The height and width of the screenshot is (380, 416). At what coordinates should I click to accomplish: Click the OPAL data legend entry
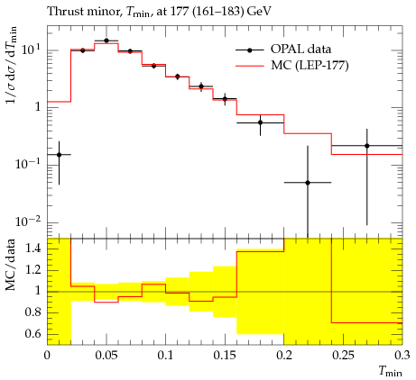point(283,50)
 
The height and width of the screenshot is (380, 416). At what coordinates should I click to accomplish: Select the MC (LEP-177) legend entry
point(291,66)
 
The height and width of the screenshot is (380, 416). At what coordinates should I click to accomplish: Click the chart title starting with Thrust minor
point(160,12)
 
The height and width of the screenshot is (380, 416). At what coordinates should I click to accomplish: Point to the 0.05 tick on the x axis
point(106,356)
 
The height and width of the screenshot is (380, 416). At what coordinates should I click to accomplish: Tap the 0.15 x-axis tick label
point(225,356)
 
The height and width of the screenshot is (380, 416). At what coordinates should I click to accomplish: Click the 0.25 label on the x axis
point(344,356)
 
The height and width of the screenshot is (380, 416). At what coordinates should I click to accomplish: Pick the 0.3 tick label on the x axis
point(402,356)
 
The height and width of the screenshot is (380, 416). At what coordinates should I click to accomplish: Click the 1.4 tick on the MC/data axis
point(33,249)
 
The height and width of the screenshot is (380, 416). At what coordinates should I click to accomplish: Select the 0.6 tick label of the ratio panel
point(33,334)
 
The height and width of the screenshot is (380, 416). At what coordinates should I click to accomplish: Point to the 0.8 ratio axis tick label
point(33,312)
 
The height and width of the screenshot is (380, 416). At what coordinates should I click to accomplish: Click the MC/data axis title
point(11,265)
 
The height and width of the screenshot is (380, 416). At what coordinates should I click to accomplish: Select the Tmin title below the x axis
point(390,372)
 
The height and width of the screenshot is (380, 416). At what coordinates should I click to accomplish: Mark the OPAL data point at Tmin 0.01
point(59,155)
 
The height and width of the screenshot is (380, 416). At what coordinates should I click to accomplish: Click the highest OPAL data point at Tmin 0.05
point(106,41)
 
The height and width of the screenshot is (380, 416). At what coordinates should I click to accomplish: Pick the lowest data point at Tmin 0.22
point(308,183)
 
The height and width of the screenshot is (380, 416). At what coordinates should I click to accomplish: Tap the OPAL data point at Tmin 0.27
point(367,146)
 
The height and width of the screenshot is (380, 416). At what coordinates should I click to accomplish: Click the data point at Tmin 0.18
point(261,122)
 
